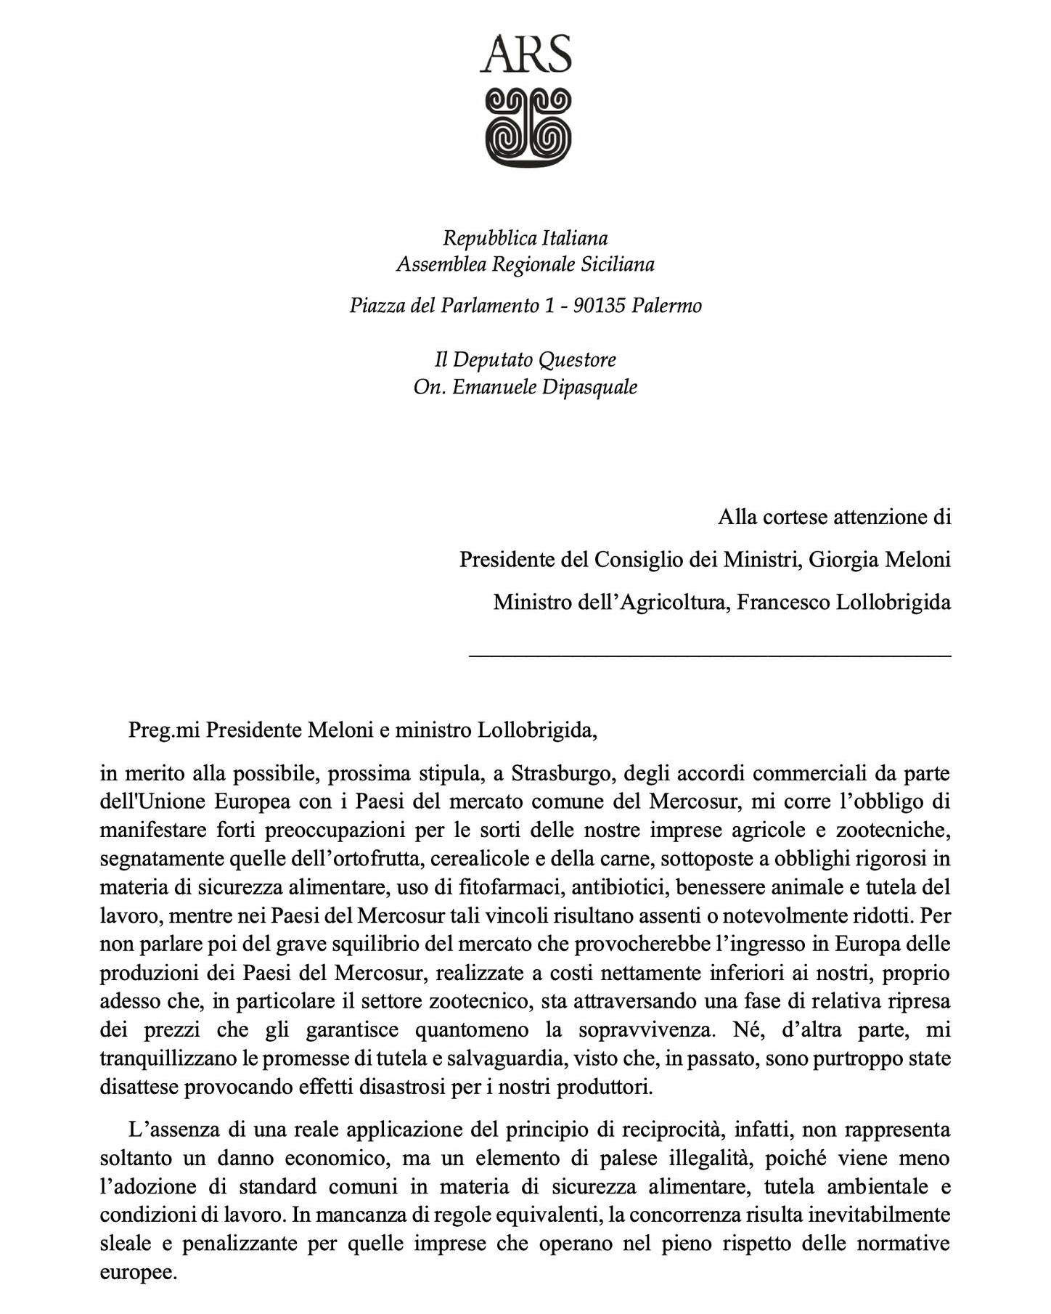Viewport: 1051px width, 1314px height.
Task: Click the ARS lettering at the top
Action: [x=525, y=55]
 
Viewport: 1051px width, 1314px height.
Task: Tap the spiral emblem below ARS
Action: [x=527, y=128]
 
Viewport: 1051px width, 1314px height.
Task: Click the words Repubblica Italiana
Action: [x=525, y=238]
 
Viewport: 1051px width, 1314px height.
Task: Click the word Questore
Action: [x=578, y=360]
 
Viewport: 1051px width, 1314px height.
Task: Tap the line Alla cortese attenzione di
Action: [x=834, y=518]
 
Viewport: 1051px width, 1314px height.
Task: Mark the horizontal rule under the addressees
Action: [x=710, y=656]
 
